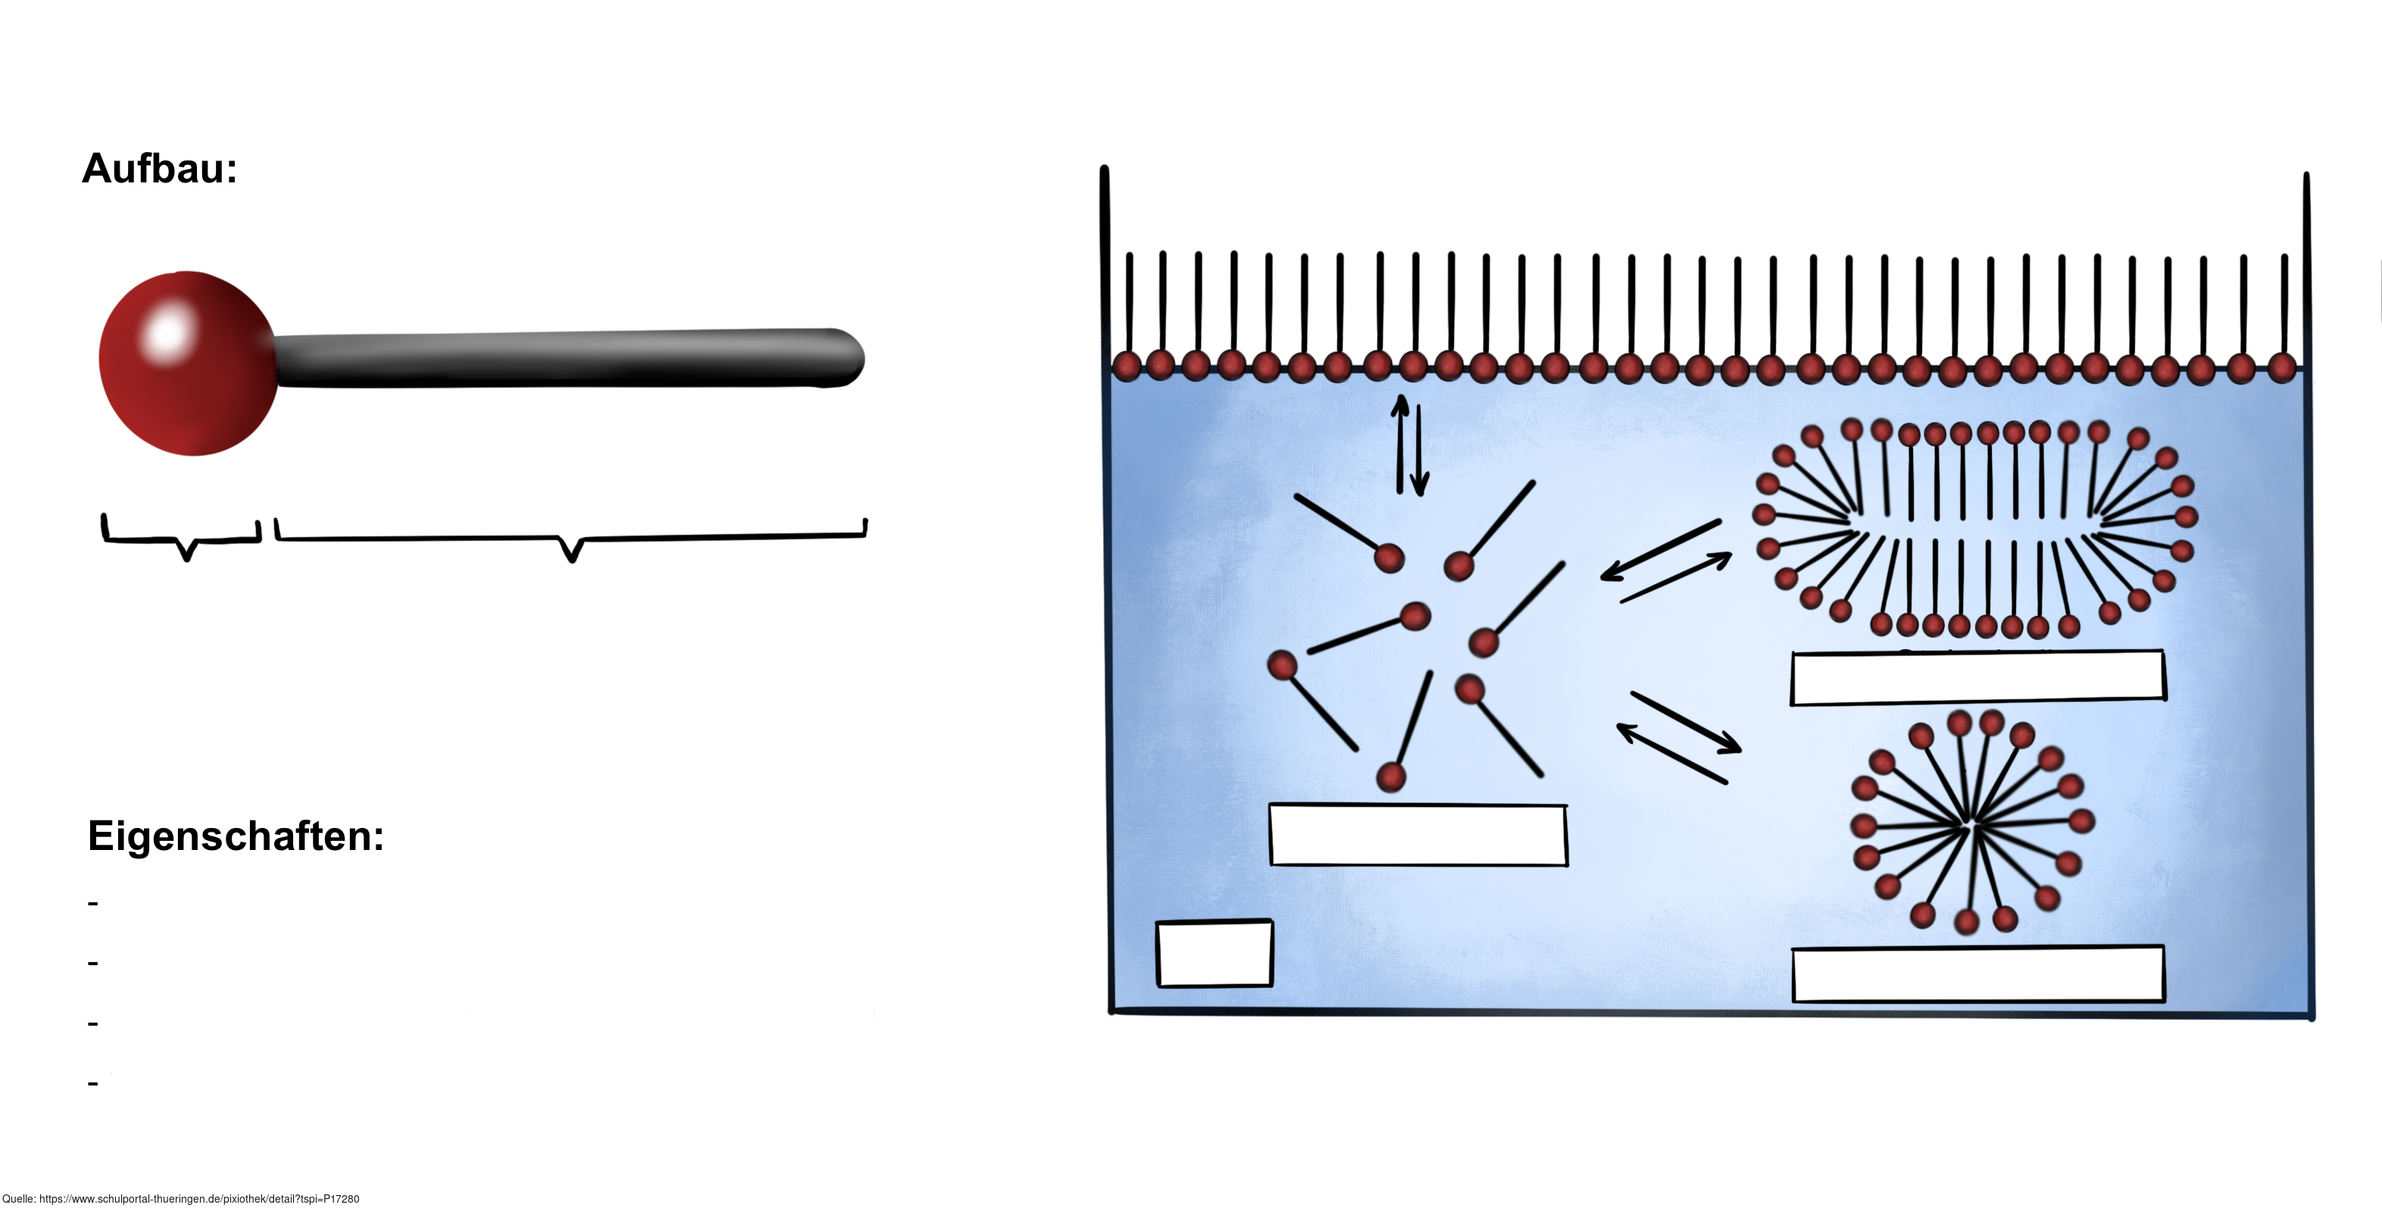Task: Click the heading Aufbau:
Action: pos(159,169)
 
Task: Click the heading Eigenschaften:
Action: pos(235,836)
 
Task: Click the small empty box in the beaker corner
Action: pos(1214,954)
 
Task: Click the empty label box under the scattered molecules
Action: pos(1418,836)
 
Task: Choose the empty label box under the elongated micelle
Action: pos(1977,677)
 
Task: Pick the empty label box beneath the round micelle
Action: pos(1977,974)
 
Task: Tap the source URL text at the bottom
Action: pos(180,1199)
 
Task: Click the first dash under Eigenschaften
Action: pos(92,903)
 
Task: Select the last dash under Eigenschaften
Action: pos(92,1083)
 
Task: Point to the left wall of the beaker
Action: pos(1107,592)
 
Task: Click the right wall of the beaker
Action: pos(2308,592)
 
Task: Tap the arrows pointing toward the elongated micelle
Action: pos(1665,562)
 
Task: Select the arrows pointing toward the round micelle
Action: pos(1678,736)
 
